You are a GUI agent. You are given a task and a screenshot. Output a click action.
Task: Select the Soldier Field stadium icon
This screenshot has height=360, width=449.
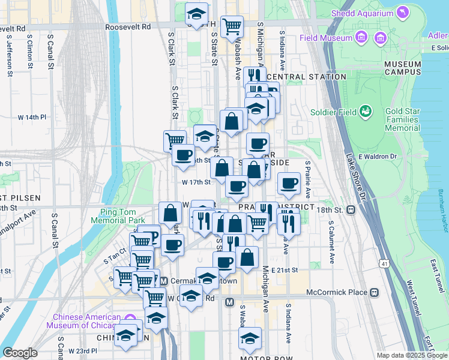tap(365, 111)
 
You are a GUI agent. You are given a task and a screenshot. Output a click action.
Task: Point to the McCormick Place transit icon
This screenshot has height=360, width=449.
tap(375, 292)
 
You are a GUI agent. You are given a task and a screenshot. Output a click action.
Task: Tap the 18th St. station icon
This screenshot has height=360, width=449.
tap(351, 210)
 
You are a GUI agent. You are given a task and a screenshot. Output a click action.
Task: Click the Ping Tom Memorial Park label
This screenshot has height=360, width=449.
tap(118, 216)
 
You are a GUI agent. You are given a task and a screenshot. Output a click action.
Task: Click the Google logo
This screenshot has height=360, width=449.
tap(20, 353)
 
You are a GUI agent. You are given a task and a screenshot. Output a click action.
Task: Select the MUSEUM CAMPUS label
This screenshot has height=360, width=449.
tap(403, 68)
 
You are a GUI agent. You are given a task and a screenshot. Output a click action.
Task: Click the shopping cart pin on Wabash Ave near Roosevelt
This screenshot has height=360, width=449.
tap(232, 26)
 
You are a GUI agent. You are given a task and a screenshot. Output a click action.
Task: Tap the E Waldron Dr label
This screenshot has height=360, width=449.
tap(378, 157)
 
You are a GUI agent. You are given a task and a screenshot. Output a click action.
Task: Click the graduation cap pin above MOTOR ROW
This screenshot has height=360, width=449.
tap(250, 338)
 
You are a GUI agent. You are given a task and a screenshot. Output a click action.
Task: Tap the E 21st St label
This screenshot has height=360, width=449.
tap(285, 271)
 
